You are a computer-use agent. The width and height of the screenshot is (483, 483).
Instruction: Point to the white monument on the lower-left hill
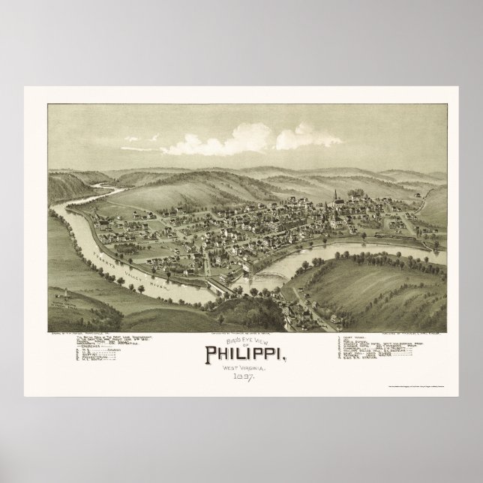pyautogui.click(x=66, y=294)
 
